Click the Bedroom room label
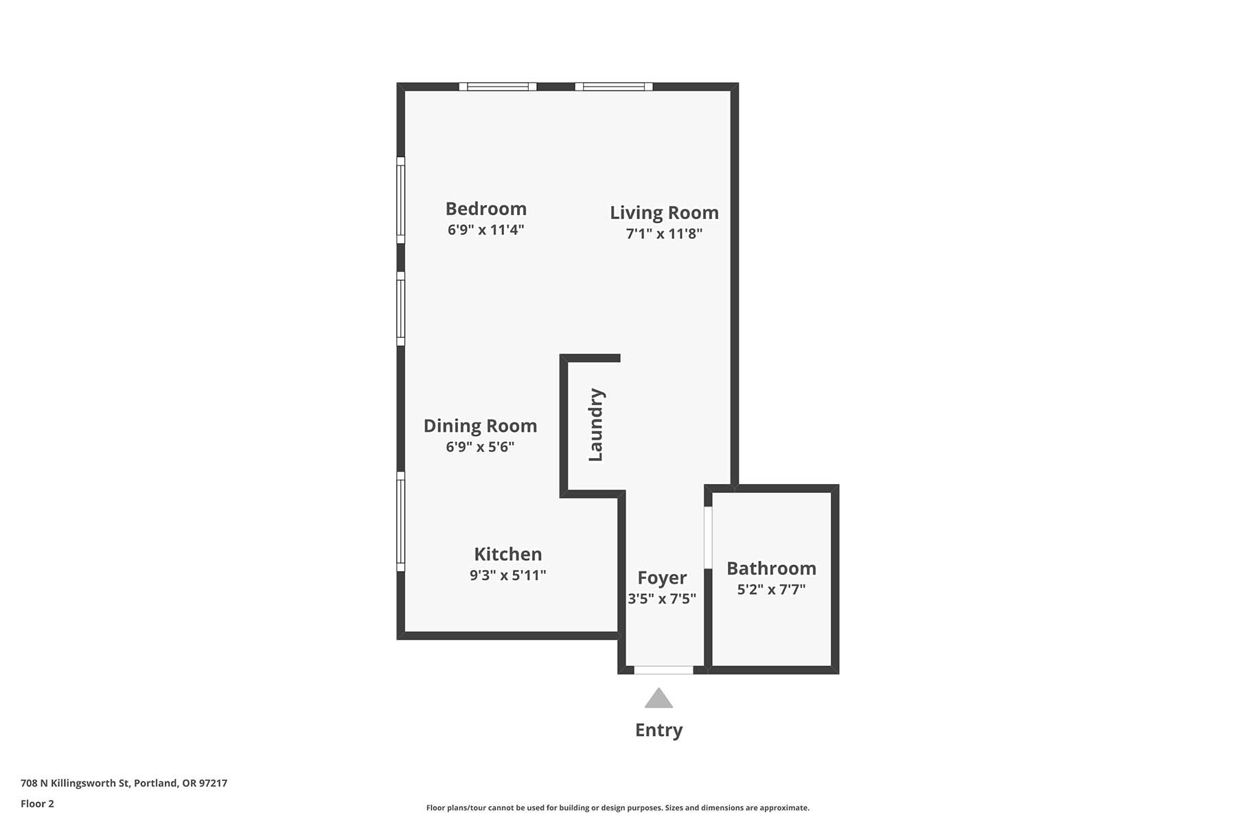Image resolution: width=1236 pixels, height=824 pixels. [486, 209]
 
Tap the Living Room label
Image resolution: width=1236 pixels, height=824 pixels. [664, 214]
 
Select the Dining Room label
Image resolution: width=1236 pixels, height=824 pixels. [480, 426]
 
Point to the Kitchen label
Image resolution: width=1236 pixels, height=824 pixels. [508, 554]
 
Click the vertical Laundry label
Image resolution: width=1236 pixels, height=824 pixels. [596, 425]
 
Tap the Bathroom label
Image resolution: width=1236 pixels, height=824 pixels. [771, 569]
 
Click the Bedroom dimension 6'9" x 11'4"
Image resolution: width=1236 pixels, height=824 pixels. [486, 229]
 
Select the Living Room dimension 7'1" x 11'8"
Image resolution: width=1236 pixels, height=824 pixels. [664, 233]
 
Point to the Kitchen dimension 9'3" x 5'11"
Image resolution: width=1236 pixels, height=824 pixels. [508, 575]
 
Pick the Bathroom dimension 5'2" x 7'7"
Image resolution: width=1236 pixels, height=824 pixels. [771, 589]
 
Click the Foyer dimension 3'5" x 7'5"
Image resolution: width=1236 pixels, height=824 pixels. [662, 599]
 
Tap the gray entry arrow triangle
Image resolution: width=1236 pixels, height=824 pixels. [659, 699]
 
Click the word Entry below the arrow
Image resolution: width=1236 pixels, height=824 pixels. [659, 731]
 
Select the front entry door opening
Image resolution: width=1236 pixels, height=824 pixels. [663, 670]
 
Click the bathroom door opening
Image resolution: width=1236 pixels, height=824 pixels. [708, 538]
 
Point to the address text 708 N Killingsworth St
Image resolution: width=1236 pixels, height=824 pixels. [75, 783]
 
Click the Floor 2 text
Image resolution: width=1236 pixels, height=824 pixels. [37, 804]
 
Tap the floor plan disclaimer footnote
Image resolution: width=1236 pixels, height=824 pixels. [618, 808]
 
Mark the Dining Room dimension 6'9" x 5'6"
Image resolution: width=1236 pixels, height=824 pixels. [480, 447]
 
